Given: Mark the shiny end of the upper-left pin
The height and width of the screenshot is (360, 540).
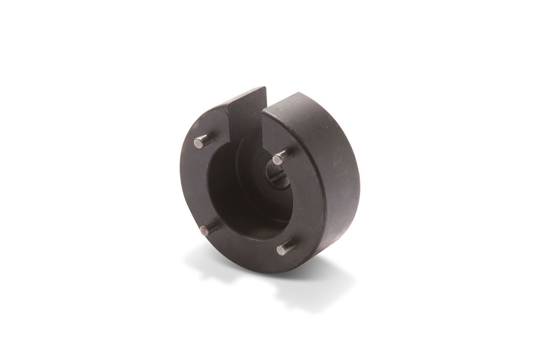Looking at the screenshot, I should coord(198,142).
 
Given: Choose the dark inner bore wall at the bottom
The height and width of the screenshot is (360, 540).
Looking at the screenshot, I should coord(249,222).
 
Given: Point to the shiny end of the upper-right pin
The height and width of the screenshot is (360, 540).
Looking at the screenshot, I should coord(278,158).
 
